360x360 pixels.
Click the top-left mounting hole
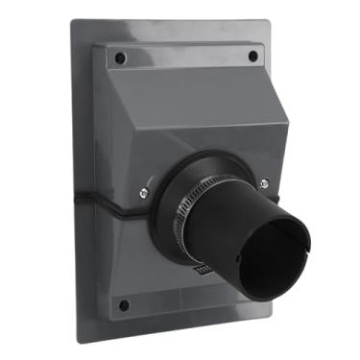point(120,59)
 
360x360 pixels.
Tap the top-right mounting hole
point(252,57)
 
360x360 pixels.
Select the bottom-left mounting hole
point(124,305)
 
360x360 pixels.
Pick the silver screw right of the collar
point(264,183)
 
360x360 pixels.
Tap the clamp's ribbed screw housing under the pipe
point(203,271)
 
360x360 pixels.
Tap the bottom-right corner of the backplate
point(272,317)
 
